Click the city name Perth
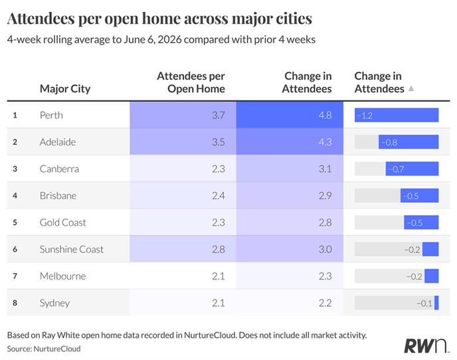[51, 115]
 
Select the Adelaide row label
[58, 142]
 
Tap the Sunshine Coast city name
[72, 249]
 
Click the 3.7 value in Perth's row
[219, 115]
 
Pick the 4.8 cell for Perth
[325, 115]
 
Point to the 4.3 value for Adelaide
[325, 142]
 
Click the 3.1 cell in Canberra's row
[325, 169]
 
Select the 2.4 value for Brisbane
[219, 195]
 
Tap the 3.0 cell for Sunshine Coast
[325, 249]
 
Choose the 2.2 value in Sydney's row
[325, 303]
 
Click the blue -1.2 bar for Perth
[397, 115]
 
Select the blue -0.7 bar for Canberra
[412, 169]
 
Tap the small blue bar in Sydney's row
[436, 303]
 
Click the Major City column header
[65, 88]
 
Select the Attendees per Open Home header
[191, 82]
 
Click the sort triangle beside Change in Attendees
[411, 88]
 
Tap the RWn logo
[426, 345]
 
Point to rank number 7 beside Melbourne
[15, 276]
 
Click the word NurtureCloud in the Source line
[57, 349]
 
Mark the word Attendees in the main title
[41, 19]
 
